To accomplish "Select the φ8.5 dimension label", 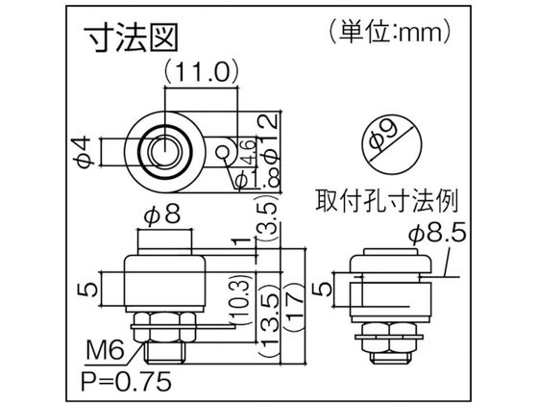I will tap(438, 232).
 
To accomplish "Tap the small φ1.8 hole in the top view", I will tap(223, 151).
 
